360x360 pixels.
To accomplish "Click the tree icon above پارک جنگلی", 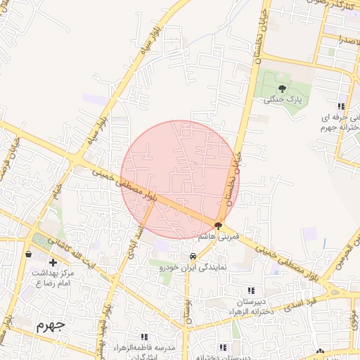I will (282, 89).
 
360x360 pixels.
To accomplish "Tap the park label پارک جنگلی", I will (282, 100).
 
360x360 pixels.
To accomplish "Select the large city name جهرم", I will (50, 326).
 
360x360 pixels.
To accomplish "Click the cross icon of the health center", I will (53, 262).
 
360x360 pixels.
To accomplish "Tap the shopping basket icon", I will (28, 254).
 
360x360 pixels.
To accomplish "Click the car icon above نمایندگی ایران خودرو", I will (192, 256).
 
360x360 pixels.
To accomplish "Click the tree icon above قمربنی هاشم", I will (219, 226).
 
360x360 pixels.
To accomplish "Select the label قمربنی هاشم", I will (219, 237).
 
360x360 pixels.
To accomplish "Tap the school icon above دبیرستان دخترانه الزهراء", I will (251, 290).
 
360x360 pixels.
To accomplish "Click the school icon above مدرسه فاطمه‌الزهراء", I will (144, 337).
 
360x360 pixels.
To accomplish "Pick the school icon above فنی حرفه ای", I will (341, 106).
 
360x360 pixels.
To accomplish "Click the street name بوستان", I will (188, 309).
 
